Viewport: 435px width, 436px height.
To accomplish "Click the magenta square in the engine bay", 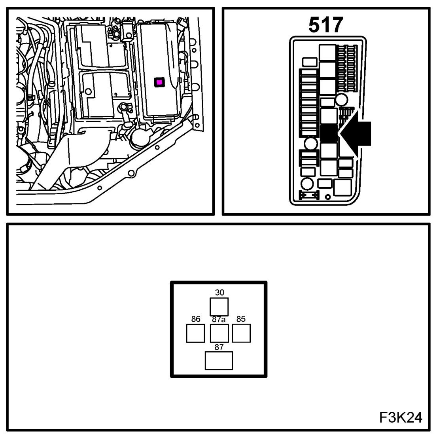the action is (x=159, y=82).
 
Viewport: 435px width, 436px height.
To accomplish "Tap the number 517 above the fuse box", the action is (x=325, y=26).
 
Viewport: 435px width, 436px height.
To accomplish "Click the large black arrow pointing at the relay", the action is (x=356, y=133).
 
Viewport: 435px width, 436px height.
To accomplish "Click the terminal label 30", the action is (x=219, y=292).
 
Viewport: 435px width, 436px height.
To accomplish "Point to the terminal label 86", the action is (x=195, y=319).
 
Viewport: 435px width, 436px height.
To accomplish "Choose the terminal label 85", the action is (x=241, y=319).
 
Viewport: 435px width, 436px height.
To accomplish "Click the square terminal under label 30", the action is (x=219, y=307).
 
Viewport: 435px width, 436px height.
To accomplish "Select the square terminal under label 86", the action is (x=195, y=333).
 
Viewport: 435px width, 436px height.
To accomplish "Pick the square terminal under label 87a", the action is (x=219, y=333).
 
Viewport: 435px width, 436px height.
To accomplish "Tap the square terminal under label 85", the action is (x=241, y=333).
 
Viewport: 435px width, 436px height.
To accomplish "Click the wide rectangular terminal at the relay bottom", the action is (x=219, y=360).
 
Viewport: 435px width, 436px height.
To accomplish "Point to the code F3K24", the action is (x=401, y=417).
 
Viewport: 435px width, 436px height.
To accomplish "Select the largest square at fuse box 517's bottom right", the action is (x=342, y=187).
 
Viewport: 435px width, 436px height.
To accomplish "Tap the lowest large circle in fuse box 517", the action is (x=306, y=184).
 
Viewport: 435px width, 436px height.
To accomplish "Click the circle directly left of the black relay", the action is (x=310, y=143).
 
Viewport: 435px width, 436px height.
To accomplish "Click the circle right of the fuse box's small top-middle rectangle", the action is (x=342, y=99).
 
